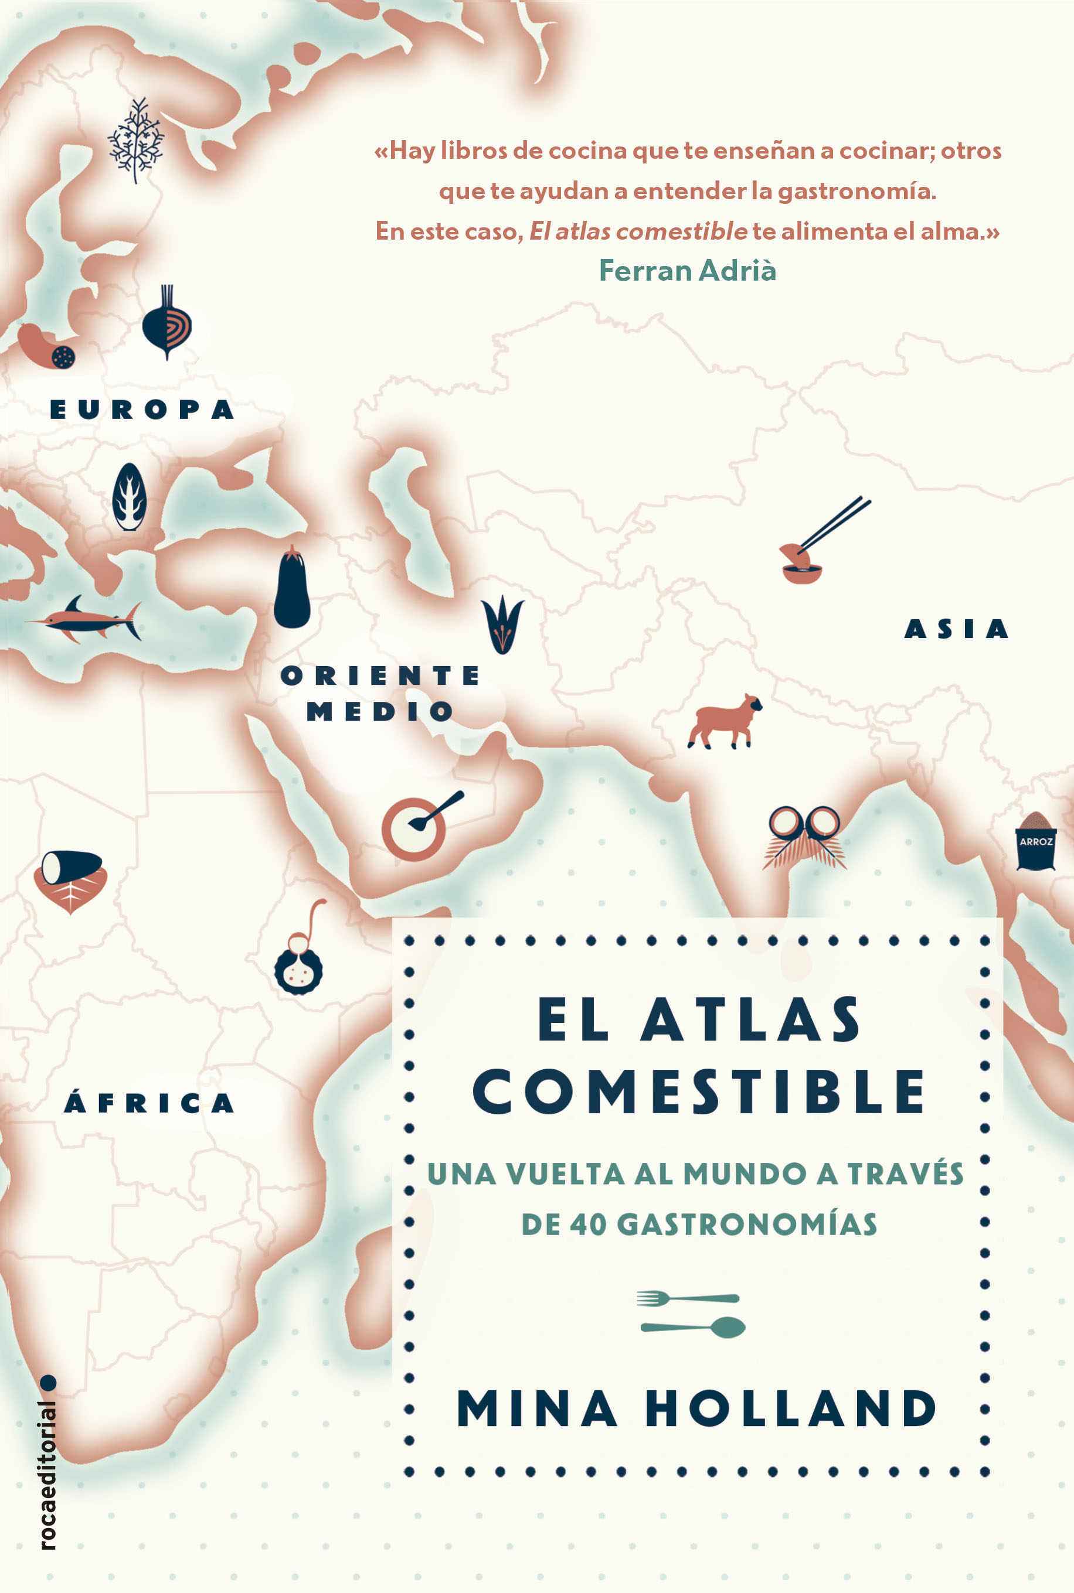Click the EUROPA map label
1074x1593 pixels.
pos(142,410)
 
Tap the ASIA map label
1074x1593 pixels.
pos(956,629)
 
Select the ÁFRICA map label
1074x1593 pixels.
pos(149,1103)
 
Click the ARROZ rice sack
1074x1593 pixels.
pos(1035,841)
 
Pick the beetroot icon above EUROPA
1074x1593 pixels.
pos(166,323)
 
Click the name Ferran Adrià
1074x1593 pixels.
pos(687,271)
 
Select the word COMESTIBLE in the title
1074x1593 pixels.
pos(699,1091)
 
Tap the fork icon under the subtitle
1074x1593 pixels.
pos(688,1297)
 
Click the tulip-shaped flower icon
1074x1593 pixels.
pos(502,623)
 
